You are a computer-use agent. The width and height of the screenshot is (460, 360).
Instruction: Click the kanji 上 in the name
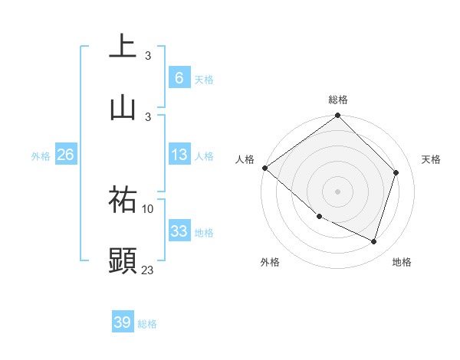pos(123,47)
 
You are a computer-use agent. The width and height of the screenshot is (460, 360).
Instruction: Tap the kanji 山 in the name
pos(123,106)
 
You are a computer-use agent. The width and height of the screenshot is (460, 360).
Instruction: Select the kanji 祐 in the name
pos(123,200)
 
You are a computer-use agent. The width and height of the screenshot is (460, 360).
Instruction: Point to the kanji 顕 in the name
pos(123,260)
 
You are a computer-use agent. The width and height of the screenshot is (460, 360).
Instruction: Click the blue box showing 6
pos(179,77)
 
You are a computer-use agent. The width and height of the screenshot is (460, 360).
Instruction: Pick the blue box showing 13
pos(179,155)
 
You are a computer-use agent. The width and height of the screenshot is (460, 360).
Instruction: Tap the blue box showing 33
pos(179,231)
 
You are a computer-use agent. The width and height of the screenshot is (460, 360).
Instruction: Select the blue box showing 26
pos(65,155)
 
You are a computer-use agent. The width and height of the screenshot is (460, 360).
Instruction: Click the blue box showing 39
pos(123,322)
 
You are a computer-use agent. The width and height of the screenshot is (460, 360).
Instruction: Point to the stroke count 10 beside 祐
pos(148,208)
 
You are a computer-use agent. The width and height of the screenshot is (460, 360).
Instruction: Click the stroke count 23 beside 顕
pos(148,269)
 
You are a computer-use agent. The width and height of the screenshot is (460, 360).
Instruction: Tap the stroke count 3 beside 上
pos(148,55)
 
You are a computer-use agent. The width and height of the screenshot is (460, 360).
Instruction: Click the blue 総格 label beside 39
pos(148,324)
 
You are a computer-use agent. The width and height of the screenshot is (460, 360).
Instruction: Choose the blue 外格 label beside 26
pos(41,156)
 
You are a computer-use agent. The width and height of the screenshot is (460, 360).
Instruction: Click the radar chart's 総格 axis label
pos(338,100)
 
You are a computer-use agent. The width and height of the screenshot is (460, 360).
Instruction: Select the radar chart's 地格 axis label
pos(402,263)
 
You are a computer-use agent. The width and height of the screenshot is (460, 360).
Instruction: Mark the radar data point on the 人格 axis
pos(264,168)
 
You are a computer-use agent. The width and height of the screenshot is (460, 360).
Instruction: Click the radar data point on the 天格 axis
pos(396,172)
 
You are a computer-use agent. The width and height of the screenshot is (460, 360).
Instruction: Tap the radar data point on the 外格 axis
pos(319,217)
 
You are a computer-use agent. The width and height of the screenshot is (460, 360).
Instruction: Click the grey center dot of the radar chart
pos(338,191)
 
